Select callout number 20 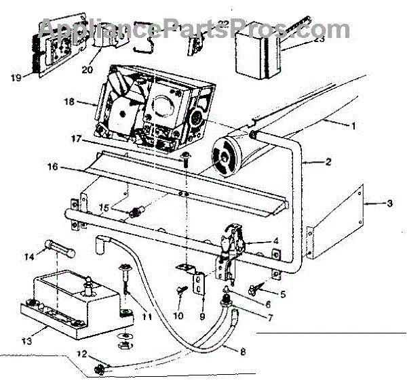(x=86, y=69)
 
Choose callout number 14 (x=28, y=257)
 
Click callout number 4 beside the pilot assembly (x=276, y=240)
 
